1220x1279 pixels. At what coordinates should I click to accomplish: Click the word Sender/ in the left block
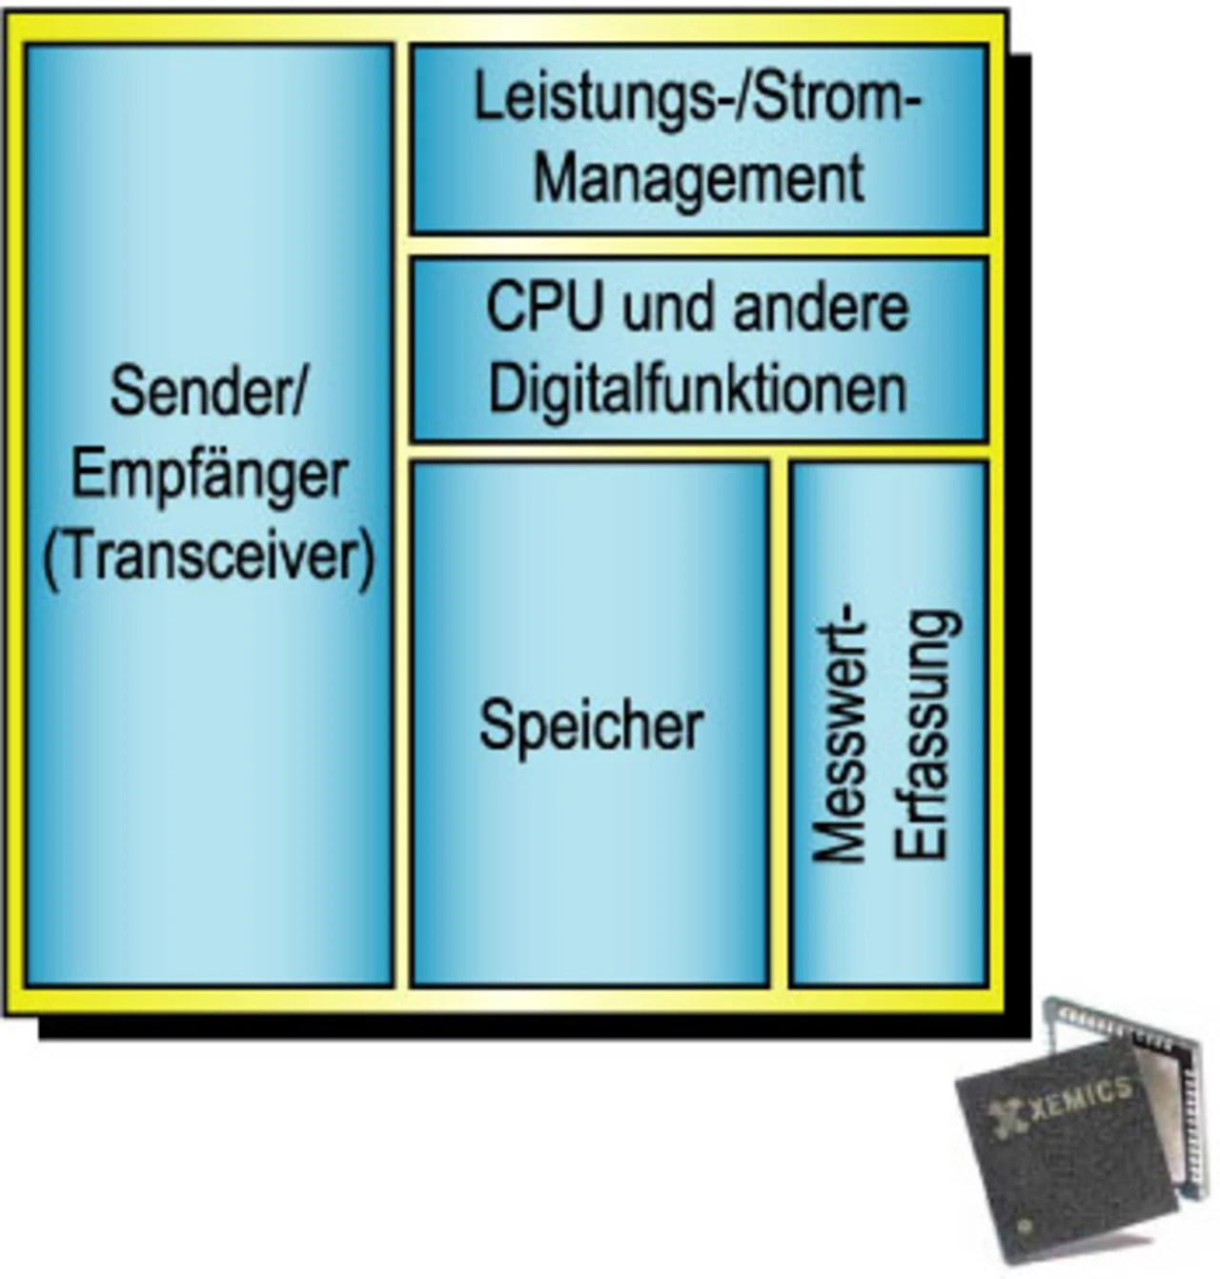tap(208, 391)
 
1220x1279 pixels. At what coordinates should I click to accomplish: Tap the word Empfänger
tap(209, 474)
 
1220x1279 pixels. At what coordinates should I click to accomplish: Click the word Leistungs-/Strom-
tap(698, 99)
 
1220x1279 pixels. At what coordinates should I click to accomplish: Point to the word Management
tap(698, 178)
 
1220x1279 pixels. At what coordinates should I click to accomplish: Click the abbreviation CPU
tap(545, 308)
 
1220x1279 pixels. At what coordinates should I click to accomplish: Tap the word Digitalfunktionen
tap(698, 389)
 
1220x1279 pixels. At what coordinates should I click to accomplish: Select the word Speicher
tap(591, 726)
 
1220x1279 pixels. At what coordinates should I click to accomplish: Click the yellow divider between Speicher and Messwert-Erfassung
tap(780, 724)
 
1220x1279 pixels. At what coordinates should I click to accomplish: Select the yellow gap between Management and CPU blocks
tap(698, 245)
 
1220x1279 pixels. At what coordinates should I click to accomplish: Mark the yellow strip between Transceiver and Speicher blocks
tap(401, 724)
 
